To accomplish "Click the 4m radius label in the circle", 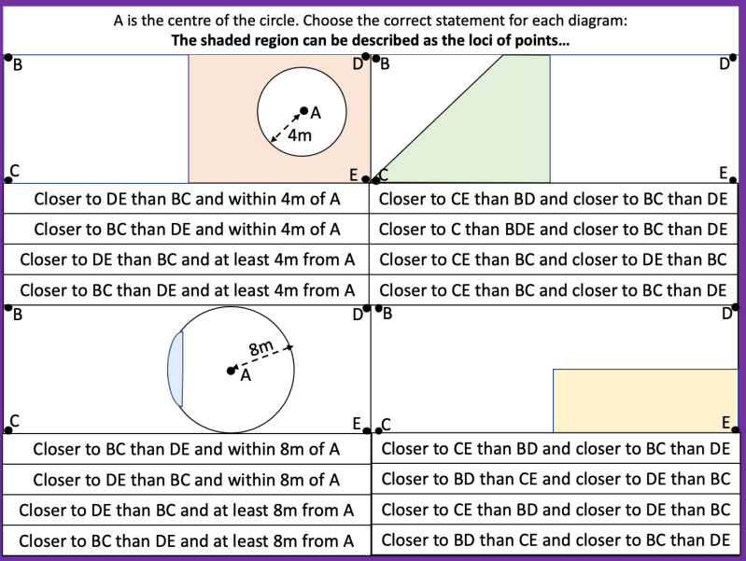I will coord(299,135).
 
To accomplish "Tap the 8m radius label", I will coord(260,348).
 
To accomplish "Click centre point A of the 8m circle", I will coord(232,371).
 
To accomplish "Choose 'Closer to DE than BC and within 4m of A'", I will coord(187,198).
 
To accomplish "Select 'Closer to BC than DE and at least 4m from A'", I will coord(187,290).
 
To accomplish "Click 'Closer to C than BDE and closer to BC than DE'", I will coord(553,229).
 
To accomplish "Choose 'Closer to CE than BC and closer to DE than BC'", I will coord(553,259).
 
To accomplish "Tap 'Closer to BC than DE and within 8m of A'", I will coord(187,449).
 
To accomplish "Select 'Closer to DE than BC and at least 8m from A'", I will coord(187,511).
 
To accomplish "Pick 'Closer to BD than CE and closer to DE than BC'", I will coord(556,480).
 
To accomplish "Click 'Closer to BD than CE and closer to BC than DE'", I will coord(556,540).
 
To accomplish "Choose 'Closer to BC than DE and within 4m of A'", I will coord(187,229).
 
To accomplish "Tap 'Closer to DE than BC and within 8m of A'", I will coord(187,480).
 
